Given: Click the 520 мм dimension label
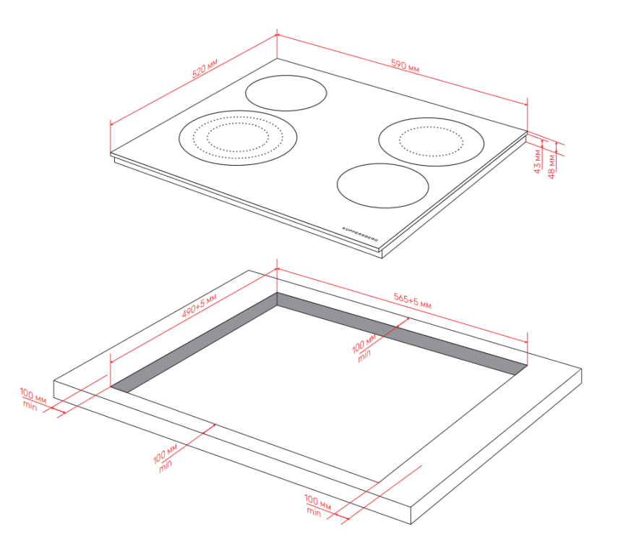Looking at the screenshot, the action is pyautogui.click(x=205, y=68).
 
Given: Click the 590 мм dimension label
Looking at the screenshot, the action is pyautogui.click(x=406, y=66).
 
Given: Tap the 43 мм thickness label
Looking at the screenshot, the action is pyautogui.click(x=537, y=161).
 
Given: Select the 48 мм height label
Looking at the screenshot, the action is pyautogui.click(x=552, y=166).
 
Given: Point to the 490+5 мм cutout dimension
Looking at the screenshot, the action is pyautogui.click(x=200, y=305).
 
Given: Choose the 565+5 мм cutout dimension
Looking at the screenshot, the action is pyautogui.click(x=413, y=300).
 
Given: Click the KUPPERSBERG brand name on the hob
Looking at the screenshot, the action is pyautogui.click(x=360, y=234).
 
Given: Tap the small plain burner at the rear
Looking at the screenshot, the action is pyautogui.click(x=286, y=93).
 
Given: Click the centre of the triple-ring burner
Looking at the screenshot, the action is pyautogui.click(x=238, y=138).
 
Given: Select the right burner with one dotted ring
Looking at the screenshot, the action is pyautogui.click(x=431, y=142).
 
